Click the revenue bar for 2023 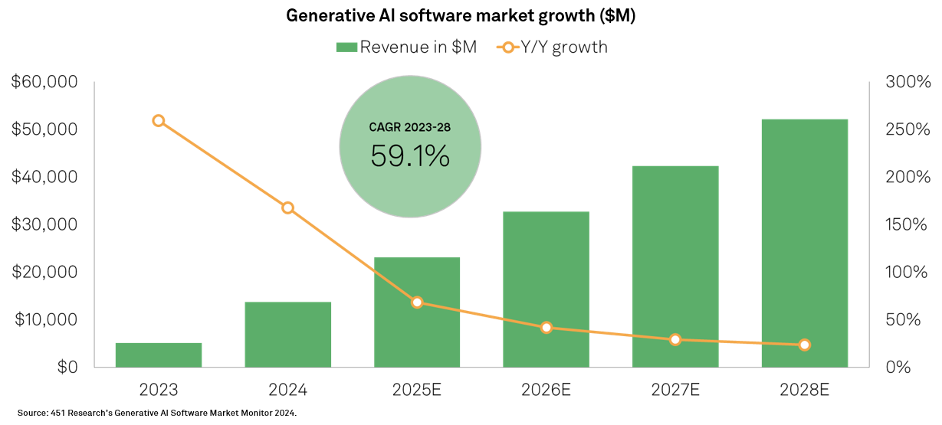point(159,355)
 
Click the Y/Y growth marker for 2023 point(159,121)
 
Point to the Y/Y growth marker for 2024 point(288,208)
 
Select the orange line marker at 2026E point(546,328)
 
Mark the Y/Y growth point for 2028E point(805,345)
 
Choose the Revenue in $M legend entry point(406,47)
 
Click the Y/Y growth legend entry point(552,47)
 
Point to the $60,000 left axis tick point(46,82)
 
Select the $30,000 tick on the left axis point(46,224)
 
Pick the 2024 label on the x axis point(288,389)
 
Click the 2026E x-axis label point(546,389)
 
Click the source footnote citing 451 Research point(156,413)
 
